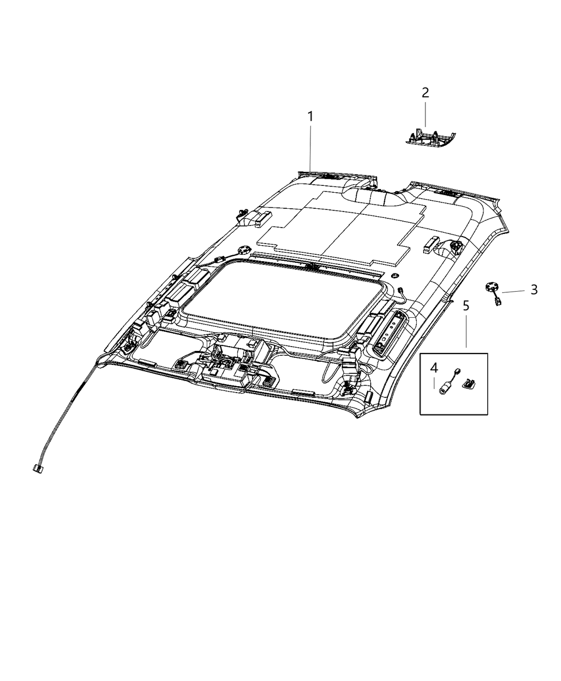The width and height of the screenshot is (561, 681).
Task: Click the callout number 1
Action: tap(310, 116)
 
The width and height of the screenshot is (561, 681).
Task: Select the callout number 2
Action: tap(425, 93)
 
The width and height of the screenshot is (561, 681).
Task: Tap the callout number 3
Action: tap(534, 290)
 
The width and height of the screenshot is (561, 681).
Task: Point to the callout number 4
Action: tap(434, 367)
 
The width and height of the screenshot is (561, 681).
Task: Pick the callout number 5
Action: tap(466, 306)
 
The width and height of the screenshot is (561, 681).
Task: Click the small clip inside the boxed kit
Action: tap(469, 382)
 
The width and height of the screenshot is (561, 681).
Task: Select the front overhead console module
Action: tap(227, 363)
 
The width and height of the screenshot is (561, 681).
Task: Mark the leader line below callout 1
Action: tap(310, 147)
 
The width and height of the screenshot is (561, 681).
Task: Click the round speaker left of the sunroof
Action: tap(245, 249)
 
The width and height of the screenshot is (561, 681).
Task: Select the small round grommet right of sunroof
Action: tap(394, 276)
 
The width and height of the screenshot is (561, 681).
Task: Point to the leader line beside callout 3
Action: tap(513, 291)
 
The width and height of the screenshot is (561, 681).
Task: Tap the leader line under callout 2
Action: tap(425, 115)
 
